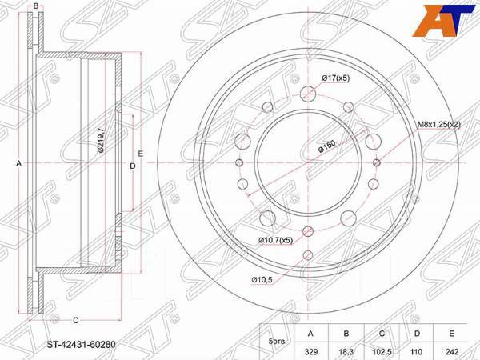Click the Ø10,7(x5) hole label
point(276,239)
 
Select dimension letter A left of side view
point(18,164)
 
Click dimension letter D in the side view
point(132,166)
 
